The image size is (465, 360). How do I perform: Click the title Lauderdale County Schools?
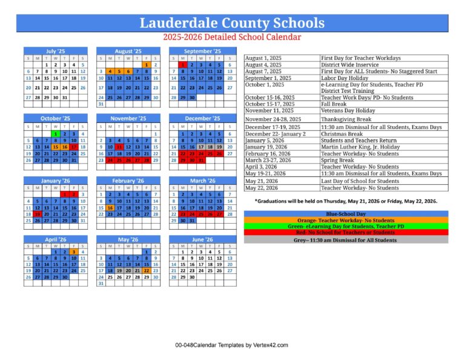(x=232, y=23)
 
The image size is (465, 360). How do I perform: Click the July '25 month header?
(x=54, y=52)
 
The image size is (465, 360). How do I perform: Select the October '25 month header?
(x=54, y=118)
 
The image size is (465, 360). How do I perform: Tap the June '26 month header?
(x=202, y=239)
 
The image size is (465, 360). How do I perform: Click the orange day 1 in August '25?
(x=147, y=64)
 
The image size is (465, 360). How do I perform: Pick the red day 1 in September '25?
(x=183, y=64)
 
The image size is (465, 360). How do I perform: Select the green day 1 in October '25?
(x=55, y=133)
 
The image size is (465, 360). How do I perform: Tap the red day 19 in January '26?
(x=37, y=213)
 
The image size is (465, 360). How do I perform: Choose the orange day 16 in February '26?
(x=110, y=207)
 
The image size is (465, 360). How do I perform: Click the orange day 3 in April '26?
(x=73, y=252)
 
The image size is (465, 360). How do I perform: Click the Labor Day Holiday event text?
(x=345, y=78)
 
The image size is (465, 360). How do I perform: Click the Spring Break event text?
(x=338, y=161)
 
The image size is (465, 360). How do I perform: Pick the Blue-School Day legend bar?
(x=346, y=214)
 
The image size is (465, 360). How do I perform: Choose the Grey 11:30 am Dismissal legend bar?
(x=346, y=239)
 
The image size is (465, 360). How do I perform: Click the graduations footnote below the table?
(x=346, y=201)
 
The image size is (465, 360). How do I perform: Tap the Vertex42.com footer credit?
(x=232, y=345)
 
